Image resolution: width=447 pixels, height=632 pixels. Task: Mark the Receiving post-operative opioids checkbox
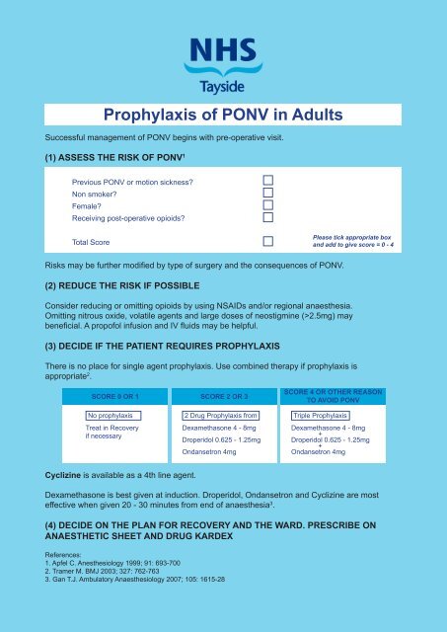point(267,217)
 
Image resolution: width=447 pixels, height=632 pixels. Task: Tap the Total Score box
point(267,242)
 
